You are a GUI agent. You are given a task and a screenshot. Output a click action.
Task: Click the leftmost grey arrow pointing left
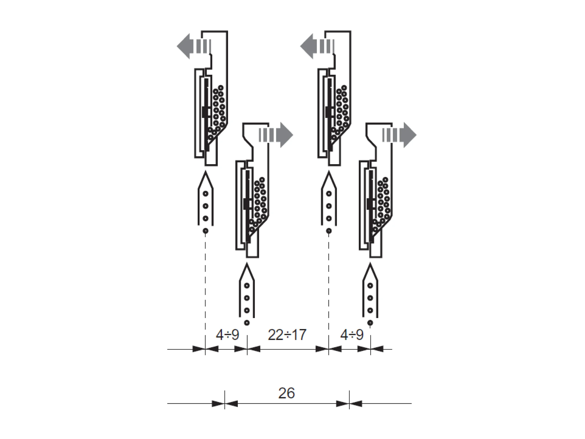click(x=194, y=46)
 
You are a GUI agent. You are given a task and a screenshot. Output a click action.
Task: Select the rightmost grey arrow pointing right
click(x=399, y=135)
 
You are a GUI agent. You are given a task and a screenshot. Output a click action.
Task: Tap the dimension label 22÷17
click(x=287, y=335)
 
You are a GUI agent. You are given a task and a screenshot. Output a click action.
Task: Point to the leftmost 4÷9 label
click(x=227, y=335)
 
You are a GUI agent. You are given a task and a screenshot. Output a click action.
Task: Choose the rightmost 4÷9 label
click(x=352, y=335)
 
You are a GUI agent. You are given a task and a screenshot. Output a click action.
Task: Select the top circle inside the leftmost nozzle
click(x=205, y=194)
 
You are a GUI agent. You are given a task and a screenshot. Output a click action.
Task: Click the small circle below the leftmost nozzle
click(x=205, y=231)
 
